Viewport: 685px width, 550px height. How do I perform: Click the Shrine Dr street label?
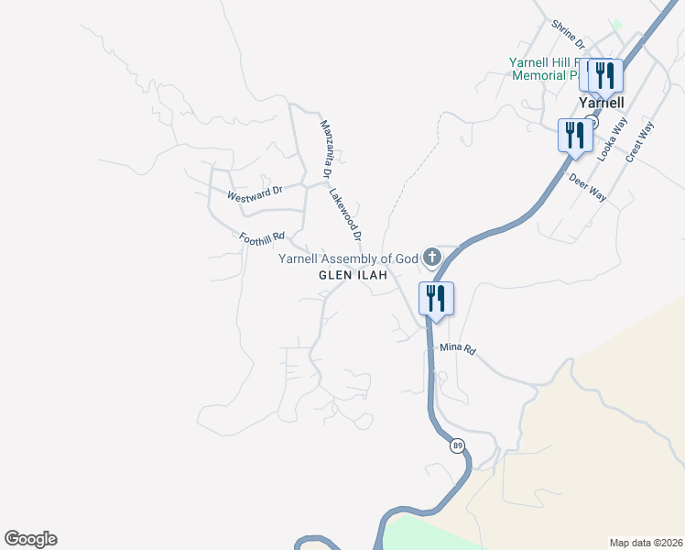pyautogui.click(x=568, y=34)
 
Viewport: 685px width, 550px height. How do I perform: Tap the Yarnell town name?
pyautogui.click(x=602, y=103)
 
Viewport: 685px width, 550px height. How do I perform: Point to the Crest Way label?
pyautogui.click(x=639, y=142)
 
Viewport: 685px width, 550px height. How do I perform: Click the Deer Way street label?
pyautogui.click(x=588, y=188)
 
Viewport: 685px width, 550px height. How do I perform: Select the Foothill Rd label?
pyautogui.click(x=262, y=238)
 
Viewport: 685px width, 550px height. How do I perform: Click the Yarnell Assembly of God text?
pyautogui.click(x=348, y=259)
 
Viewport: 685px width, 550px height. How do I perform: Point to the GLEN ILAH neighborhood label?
pyautogui.click(x=353, y=275)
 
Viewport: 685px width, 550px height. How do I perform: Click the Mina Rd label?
pyautogui.click(x=458, y=348)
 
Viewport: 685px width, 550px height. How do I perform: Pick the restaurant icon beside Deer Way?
pyautogui.click(x=574, y=135)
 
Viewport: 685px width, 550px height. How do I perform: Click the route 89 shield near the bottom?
pyautogui.click(x=457, y=445)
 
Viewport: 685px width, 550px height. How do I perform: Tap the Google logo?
pyautogui.click(x=30, y=539)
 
